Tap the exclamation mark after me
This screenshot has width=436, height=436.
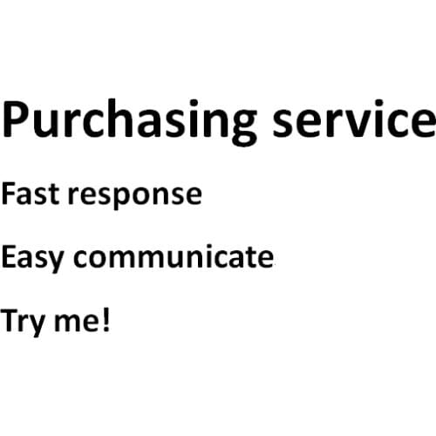point(107,319)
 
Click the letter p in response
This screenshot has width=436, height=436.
point(119,198)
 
